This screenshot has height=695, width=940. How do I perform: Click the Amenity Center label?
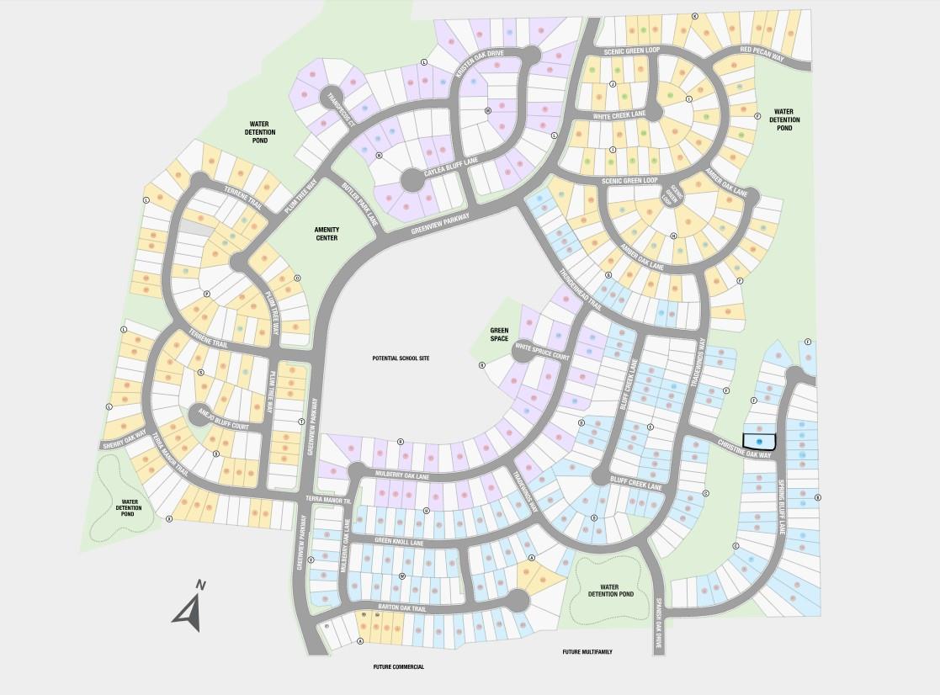click(x=327, y=233)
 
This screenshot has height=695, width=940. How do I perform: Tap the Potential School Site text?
click(x=401, y=358)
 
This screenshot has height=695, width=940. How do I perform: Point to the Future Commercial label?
click(x=399, y=666)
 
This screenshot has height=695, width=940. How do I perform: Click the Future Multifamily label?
click(x=587, y=652)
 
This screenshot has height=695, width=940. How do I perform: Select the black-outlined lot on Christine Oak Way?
click(x=758, y=441)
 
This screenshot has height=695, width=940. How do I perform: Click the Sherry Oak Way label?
click(x=124, y=439)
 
